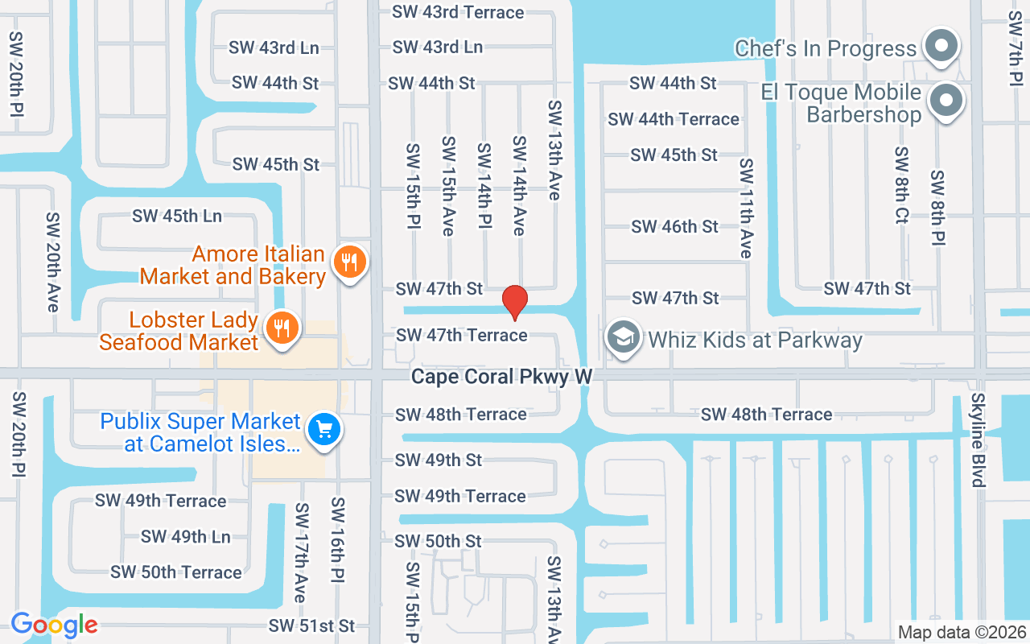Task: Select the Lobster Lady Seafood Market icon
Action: pos(282,328)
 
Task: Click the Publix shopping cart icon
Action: pos(324,429)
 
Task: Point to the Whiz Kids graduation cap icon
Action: pos(623,338)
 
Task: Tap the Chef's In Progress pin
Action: pos(940,47)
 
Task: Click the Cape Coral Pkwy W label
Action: pos(501,376)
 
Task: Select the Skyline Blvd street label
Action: pos(978,440)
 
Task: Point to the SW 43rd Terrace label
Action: pos(458,12)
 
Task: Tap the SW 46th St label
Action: pos(674,227)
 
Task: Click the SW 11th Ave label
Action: pos(747,208)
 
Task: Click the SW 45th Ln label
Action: pos(177,216)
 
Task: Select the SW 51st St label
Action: pos(311,625)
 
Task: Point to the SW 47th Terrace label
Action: pos(462,335)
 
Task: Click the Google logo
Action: pos(54,625)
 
